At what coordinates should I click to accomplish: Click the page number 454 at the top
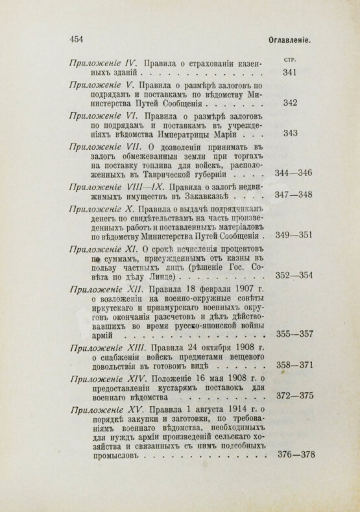[x=79, y=38]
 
